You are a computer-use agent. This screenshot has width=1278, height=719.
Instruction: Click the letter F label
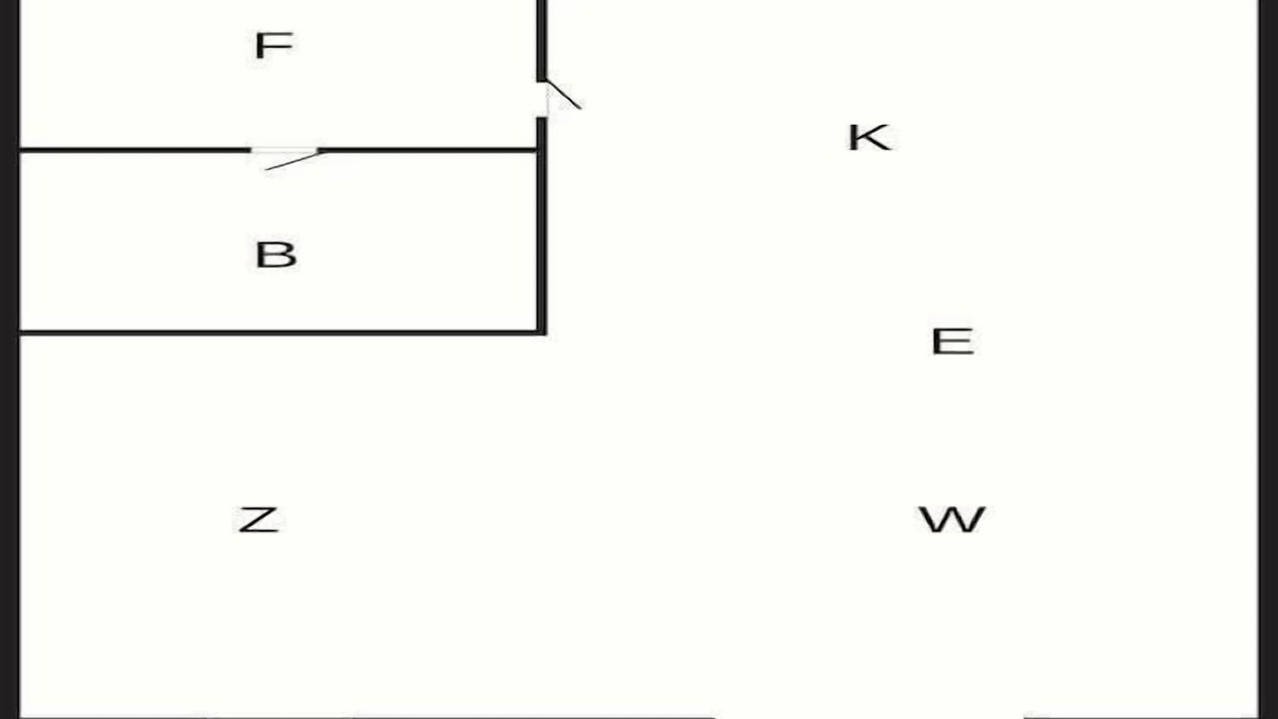[x=274, y=46]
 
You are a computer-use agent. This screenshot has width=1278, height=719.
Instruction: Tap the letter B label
[x=277, y=255]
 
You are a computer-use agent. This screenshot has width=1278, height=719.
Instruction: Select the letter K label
[x=870, y=138]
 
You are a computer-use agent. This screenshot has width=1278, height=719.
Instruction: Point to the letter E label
[x=953, y=342]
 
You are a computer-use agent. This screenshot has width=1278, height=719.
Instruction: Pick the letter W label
[x=952, y=519]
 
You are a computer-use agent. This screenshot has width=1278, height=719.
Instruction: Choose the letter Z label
[x=259, y=520]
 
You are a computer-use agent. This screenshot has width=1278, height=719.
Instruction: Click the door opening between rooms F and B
[x=285, y=150]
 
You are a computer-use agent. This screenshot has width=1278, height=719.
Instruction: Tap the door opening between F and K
[x=542, y=99]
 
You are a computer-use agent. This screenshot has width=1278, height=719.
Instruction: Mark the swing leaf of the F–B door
[x=293, y=161]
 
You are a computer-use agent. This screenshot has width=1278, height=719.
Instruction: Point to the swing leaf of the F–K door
[x=564, y=94]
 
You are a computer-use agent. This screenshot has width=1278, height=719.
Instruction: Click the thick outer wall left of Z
[x=10, y=359]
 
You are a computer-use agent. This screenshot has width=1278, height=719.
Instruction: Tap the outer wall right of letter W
[x=1268, y=359]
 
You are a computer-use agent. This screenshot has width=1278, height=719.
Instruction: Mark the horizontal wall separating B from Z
[x=283, y=333]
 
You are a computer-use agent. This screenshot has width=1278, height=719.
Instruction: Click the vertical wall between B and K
[x=542, y=226]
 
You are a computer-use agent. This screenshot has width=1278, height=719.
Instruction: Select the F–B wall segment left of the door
[x=135, y=150]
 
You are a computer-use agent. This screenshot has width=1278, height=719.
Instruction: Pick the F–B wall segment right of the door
[x=427, y=150]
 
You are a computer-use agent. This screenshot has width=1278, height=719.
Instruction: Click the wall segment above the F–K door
[x=542, y=41]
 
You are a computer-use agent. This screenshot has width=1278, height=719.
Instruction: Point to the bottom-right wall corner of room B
[x=542, y=333]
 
